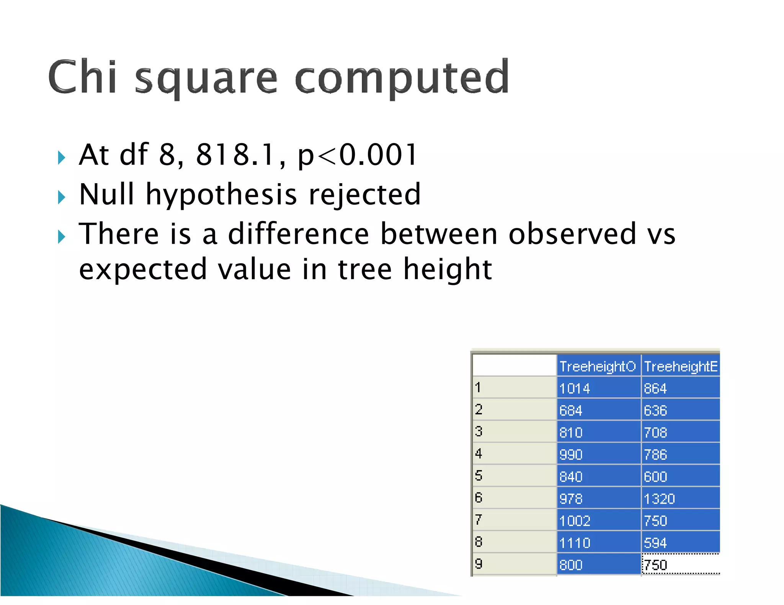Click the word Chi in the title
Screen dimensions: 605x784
pyautogui.click(x=82, y=77)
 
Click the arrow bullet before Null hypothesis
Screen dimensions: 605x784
pyautogui.click(x=61, y=197)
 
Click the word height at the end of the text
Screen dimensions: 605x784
pyautogui.click(x=448, y=269)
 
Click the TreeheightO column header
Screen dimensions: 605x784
pyautogui.click(x=598, y=366)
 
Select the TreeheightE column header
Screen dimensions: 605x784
pyautogui.click(x=681, y=366)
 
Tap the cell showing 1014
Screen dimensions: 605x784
pyautogui.click(x=598, y=388)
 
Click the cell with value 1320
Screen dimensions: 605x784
pyautogui.click(x=680, y=499)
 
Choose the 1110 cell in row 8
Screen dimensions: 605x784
pyautogui.click(x=598, y=543)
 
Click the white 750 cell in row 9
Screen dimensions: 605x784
pyautogui.click(x=680, y=564)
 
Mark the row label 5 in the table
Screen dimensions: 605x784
pyautogui.click(x=514, y=476)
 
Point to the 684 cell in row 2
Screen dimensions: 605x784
pyautogui.click(x=598, y=410)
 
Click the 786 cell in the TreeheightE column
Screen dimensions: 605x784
pyautogui.click(x=680, y=454)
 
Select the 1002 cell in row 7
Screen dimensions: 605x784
pyautogui.click(x=598, y=520)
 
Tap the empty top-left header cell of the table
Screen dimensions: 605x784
pyautogui.click(x=514, y=365)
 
